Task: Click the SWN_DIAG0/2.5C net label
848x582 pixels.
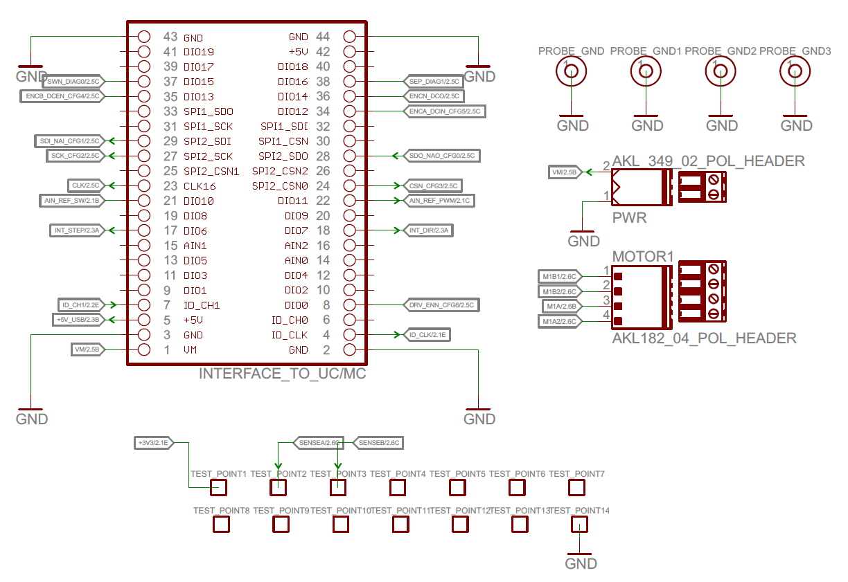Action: tap(73, 81)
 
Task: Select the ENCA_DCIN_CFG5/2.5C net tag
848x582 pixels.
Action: tap(445, 111)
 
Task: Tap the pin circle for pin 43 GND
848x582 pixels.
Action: tap(144, 37)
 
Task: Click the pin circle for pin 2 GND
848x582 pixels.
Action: tap(349, 349)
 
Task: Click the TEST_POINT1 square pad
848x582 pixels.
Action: tap(218, 487)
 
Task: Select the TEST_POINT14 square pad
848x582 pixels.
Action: tap(579, 525)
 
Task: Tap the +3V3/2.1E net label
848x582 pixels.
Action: tap(154, 443)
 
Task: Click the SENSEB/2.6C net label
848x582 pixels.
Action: tap(378, 443)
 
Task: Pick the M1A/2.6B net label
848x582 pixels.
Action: tap(561, 307)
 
